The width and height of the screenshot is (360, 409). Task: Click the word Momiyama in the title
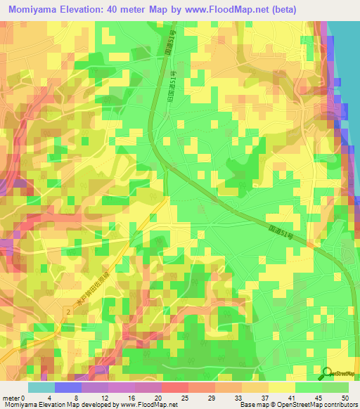36,9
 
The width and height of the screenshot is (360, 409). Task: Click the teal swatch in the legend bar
41,387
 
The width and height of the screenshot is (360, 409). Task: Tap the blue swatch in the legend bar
68,387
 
